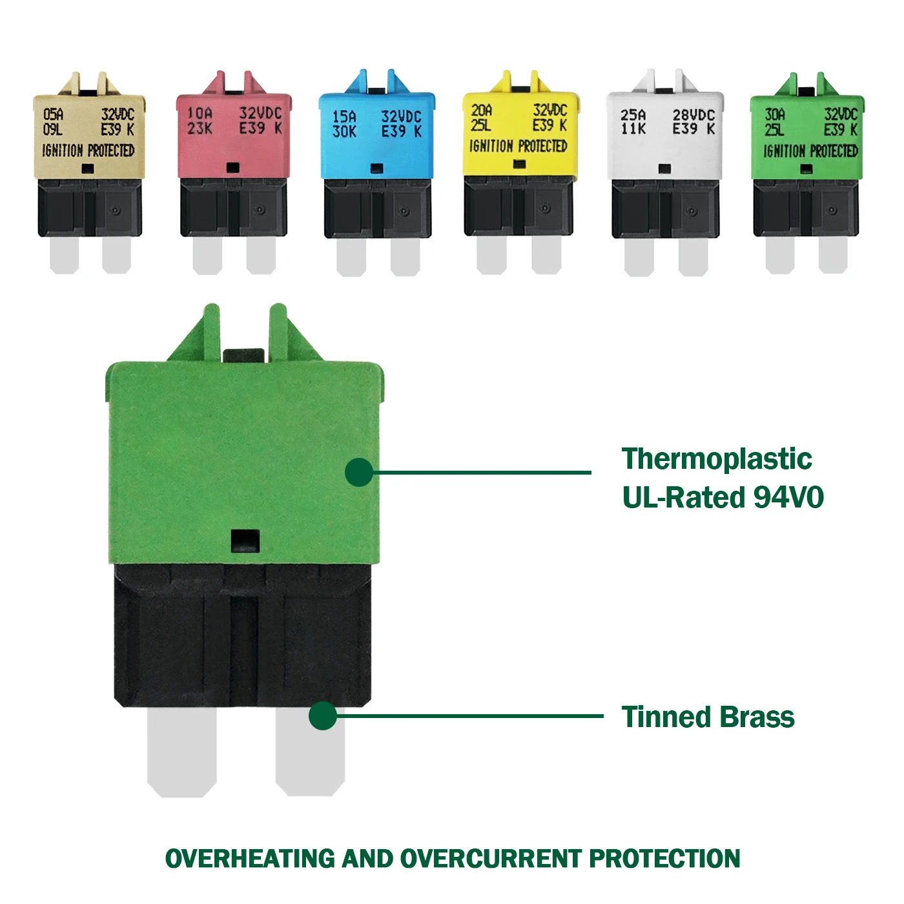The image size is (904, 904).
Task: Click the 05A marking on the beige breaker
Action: click(54, 114)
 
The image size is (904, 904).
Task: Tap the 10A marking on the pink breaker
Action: click(200, 113)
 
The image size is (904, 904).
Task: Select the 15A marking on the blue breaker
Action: click(344, 116)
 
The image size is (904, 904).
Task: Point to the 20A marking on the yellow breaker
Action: click(482, 110)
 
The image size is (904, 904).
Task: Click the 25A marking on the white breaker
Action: click(633, 114)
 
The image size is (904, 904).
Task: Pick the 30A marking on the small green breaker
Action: click(775, 114)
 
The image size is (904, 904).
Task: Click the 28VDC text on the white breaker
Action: click(693, 114)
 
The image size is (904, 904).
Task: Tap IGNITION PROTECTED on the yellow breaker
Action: click(518, 146)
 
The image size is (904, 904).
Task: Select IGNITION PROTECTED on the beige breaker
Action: click(88, 150)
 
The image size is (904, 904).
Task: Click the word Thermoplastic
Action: click(717, 459)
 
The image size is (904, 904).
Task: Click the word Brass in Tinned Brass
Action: click(757, 717)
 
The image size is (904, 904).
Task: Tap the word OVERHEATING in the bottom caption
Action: click(251, 859)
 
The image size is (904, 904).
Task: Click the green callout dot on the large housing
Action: click(359, 473)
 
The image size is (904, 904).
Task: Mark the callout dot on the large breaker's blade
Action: click(322, 716)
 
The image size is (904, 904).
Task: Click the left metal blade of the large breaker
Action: click(181, 752)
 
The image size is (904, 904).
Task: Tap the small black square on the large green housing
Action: click(245, 540)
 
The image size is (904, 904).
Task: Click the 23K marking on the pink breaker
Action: click(200, 128)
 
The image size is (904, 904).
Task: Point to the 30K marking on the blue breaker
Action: click(344, 132)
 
